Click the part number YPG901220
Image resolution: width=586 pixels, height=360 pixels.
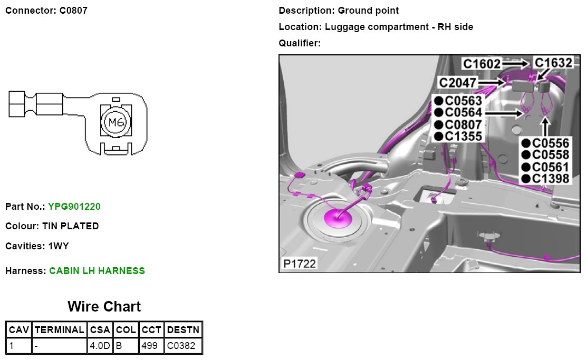click(x=74, y=207)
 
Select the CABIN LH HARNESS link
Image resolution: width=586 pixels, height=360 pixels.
click(x=97, y=271)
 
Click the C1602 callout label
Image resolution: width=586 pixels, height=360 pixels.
click(x=482, y=64)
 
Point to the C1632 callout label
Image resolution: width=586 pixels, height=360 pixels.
click(x=553, y=63)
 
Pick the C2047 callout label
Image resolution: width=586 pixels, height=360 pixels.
click(x=458, y=83)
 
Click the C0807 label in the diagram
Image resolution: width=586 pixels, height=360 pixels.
click(x=463, y=125)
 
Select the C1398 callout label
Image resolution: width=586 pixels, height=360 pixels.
click(x=550, y=179)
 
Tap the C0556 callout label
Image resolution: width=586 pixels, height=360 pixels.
click(x=550, y=143)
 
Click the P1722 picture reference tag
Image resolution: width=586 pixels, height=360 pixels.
click(x=299, y=263)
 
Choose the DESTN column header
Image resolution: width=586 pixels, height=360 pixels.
click(x=183, y=330)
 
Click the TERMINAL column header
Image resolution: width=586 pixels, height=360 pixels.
click(x=59, y=330)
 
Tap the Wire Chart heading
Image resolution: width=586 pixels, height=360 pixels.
click(x=104, y=307)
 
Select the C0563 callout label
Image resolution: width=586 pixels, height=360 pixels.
click(x=463, y=100)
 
